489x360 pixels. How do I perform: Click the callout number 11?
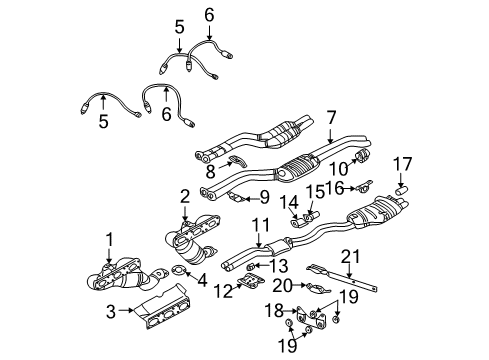pyautogui.click(x=261, y=226)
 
